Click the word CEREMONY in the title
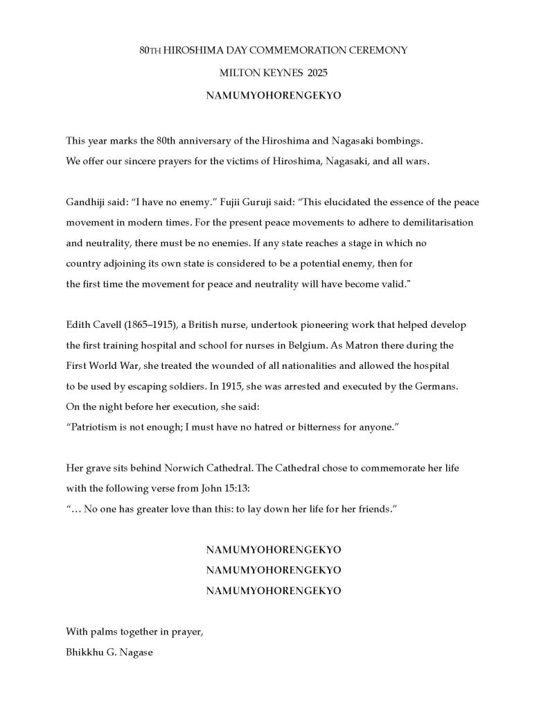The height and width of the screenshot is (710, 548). [377, 51]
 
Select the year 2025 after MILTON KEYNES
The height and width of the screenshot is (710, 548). [308, 72]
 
